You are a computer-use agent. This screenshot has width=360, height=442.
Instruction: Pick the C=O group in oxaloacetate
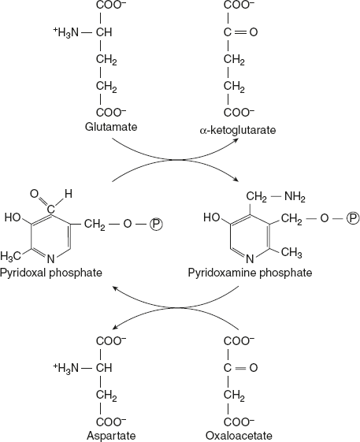pos(240,367)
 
